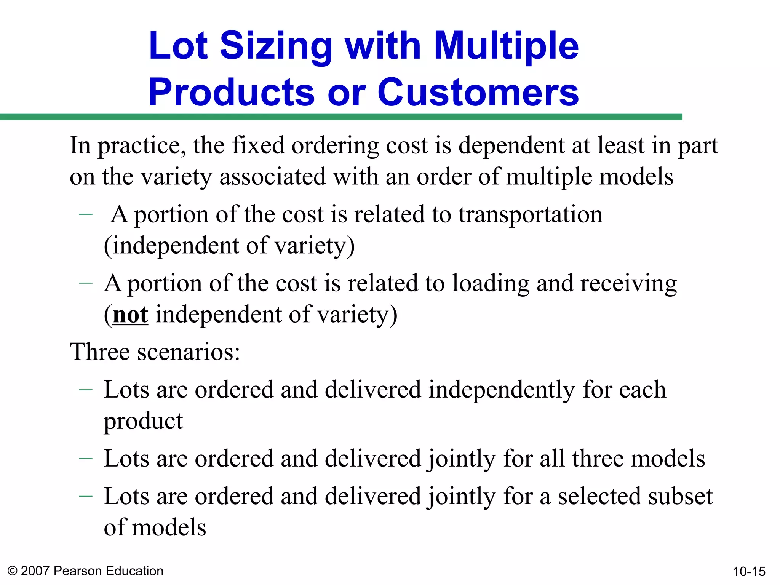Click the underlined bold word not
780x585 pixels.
[x=130, y=315]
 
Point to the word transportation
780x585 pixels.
[x=531, y=214]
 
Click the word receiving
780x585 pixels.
[x=628, y=284]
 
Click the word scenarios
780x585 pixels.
[x=189, y=352]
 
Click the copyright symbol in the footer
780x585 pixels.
[x=13, y=571]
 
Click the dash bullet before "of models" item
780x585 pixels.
[x=86, y=496]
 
